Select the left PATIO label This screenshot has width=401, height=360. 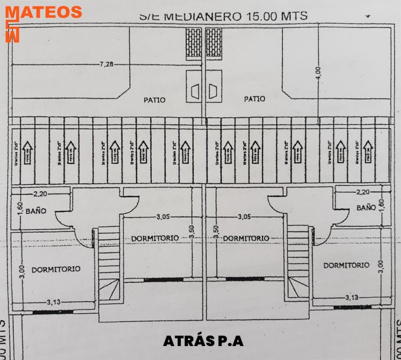[x=155, y=99]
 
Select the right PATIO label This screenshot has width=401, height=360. [x=254, y=99]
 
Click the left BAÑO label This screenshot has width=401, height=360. [x=34, y=212]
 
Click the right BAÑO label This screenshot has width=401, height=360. [x=366, y=207]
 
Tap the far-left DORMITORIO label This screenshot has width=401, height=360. [x=56, y=269]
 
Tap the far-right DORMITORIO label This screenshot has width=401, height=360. [x=346, y=265]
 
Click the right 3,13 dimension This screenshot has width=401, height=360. [x=352, y=297]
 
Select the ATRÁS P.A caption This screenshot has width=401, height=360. [x=203, y=341]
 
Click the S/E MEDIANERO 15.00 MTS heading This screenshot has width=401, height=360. [x=223, y=16]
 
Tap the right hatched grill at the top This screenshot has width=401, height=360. [x=213, y=39]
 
